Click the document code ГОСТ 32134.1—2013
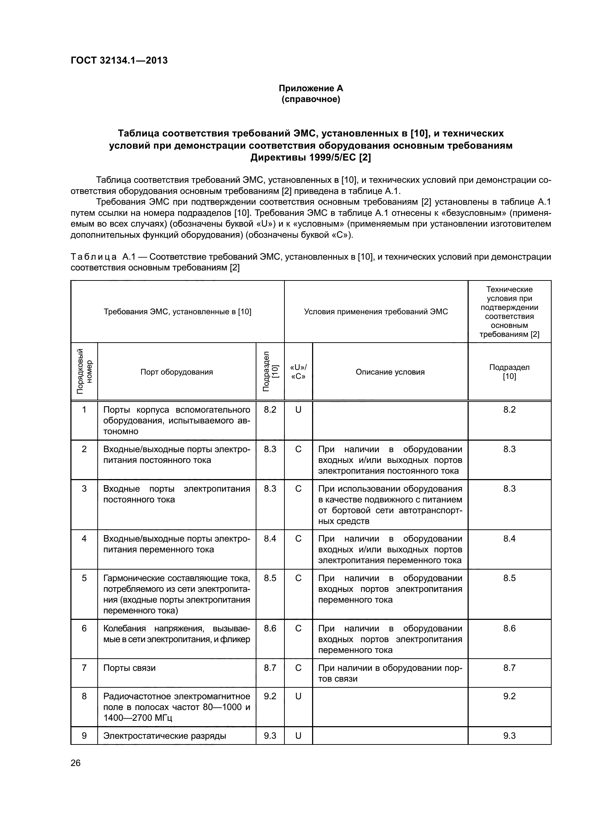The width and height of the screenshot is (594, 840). point(119,60)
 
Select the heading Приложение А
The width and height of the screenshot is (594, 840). point(311,88)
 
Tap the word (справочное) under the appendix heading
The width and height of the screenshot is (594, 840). point(311,99)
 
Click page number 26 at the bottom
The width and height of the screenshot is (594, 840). point(75,763)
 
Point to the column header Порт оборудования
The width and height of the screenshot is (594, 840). point(176,372)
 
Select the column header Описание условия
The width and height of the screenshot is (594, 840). point(390,372)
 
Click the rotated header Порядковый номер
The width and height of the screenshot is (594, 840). point(84,371)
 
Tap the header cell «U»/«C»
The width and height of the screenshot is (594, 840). point(298,372)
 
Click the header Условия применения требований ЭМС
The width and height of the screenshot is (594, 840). point(376,312)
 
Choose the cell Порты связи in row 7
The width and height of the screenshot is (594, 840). point(130,668)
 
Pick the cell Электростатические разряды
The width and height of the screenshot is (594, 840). point(164,736)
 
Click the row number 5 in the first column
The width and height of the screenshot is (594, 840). point(84,578)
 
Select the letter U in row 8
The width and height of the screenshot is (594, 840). point(298,696)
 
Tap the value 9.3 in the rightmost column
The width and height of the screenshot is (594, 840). point(509,736)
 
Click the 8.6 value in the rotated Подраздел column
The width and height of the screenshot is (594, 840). point(270,628)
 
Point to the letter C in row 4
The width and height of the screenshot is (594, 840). point(298,539)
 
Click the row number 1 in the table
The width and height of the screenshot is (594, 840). point(84,410)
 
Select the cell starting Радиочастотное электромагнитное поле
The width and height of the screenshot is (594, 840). point(176,707)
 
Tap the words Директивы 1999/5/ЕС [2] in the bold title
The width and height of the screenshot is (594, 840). point(311,158)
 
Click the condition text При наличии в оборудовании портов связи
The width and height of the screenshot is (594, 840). point(390,673)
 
